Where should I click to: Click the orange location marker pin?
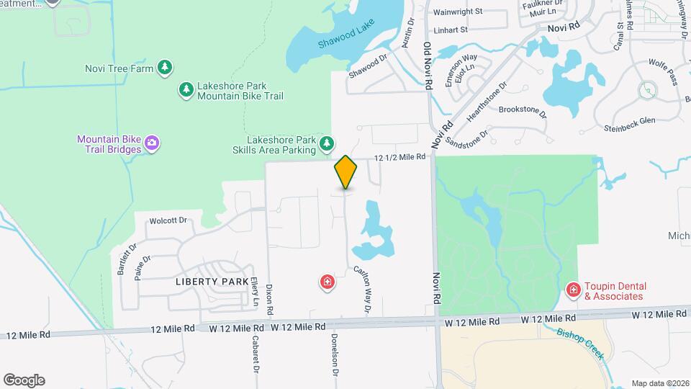pyautogui.click(x=346, y=172)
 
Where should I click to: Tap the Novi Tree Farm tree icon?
pyautogui.click(x=166, y=68)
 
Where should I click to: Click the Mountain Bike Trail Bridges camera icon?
pyautogui.click(x=152, y=143)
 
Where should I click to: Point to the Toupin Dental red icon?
pyautogui.click(x=573, y=290)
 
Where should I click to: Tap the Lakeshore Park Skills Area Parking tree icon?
pyautogui.click(x=327, y=143)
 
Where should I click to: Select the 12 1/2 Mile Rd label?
pyautogui.click(x=399, y=158)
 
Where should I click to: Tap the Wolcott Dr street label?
pyautogui.click(x=168, y=220)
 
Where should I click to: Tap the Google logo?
pyautogui.click(x=24, y=380)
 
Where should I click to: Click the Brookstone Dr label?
pyautogui.click(x=523, y=112)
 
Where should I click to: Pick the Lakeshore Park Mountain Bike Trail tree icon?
pyautogui.click(x=186, y=89)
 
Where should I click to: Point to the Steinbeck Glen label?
pyautogui.click(x=629, y=124)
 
